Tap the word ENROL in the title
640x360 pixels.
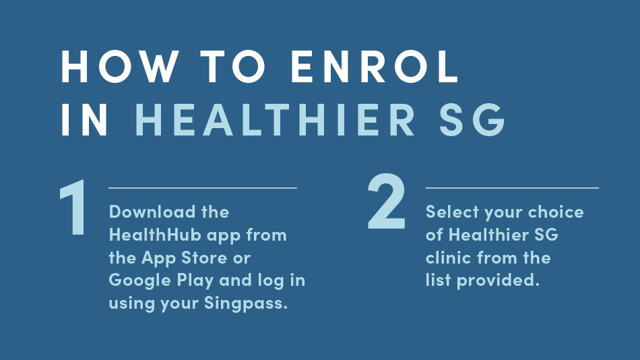(375, 67)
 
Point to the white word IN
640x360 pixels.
(85, 120)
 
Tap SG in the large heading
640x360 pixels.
(472, 120)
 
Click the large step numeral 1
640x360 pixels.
(74, 207)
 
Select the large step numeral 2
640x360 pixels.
(387, 202)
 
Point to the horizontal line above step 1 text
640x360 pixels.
(203, 188)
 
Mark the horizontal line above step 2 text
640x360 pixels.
(512, 188)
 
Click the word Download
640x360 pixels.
(152, 212)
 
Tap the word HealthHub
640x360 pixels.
(155, 235)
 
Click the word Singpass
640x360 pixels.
(246, 303)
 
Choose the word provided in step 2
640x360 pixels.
(498, 281)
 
